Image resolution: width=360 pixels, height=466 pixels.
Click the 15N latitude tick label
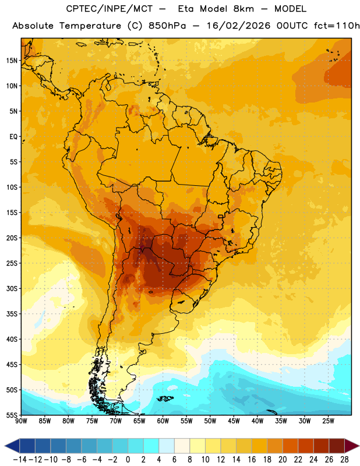coord(12,61)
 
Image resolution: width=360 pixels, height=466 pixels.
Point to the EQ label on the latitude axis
coord(13,137)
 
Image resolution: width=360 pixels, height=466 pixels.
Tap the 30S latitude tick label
coord(12,288)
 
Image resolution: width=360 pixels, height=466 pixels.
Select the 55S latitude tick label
coord(12,415)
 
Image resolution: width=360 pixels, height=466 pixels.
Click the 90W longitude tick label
coord(22,421)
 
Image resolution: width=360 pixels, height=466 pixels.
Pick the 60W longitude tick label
coord(163,421)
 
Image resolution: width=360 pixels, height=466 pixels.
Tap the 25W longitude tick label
coord(328,421)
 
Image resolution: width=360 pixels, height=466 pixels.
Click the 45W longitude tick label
coord(234,421)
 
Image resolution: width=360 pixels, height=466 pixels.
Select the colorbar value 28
coord(344,459)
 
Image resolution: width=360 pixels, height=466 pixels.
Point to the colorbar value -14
coord(20,459)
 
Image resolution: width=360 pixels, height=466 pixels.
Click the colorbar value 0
coord(128,459)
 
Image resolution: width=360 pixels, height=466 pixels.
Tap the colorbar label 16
coord(252,459)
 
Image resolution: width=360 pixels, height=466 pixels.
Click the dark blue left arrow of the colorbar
coord(12,446)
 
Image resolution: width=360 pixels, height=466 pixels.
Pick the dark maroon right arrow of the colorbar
coord(352,446)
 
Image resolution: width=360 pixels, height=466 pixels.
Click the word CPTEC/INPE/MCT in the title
coord(110,9)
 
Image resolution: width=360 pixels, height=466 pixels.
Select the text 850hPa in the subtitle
coord(167,26)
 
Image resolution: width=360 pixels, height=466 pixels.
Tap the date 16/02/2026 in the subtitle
coord(238,26)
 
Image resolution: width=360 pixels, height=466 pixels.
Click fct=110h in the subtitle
coord(337,26)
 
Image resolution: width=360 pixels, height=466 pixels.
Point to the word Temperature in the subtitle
coord(90,26)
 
